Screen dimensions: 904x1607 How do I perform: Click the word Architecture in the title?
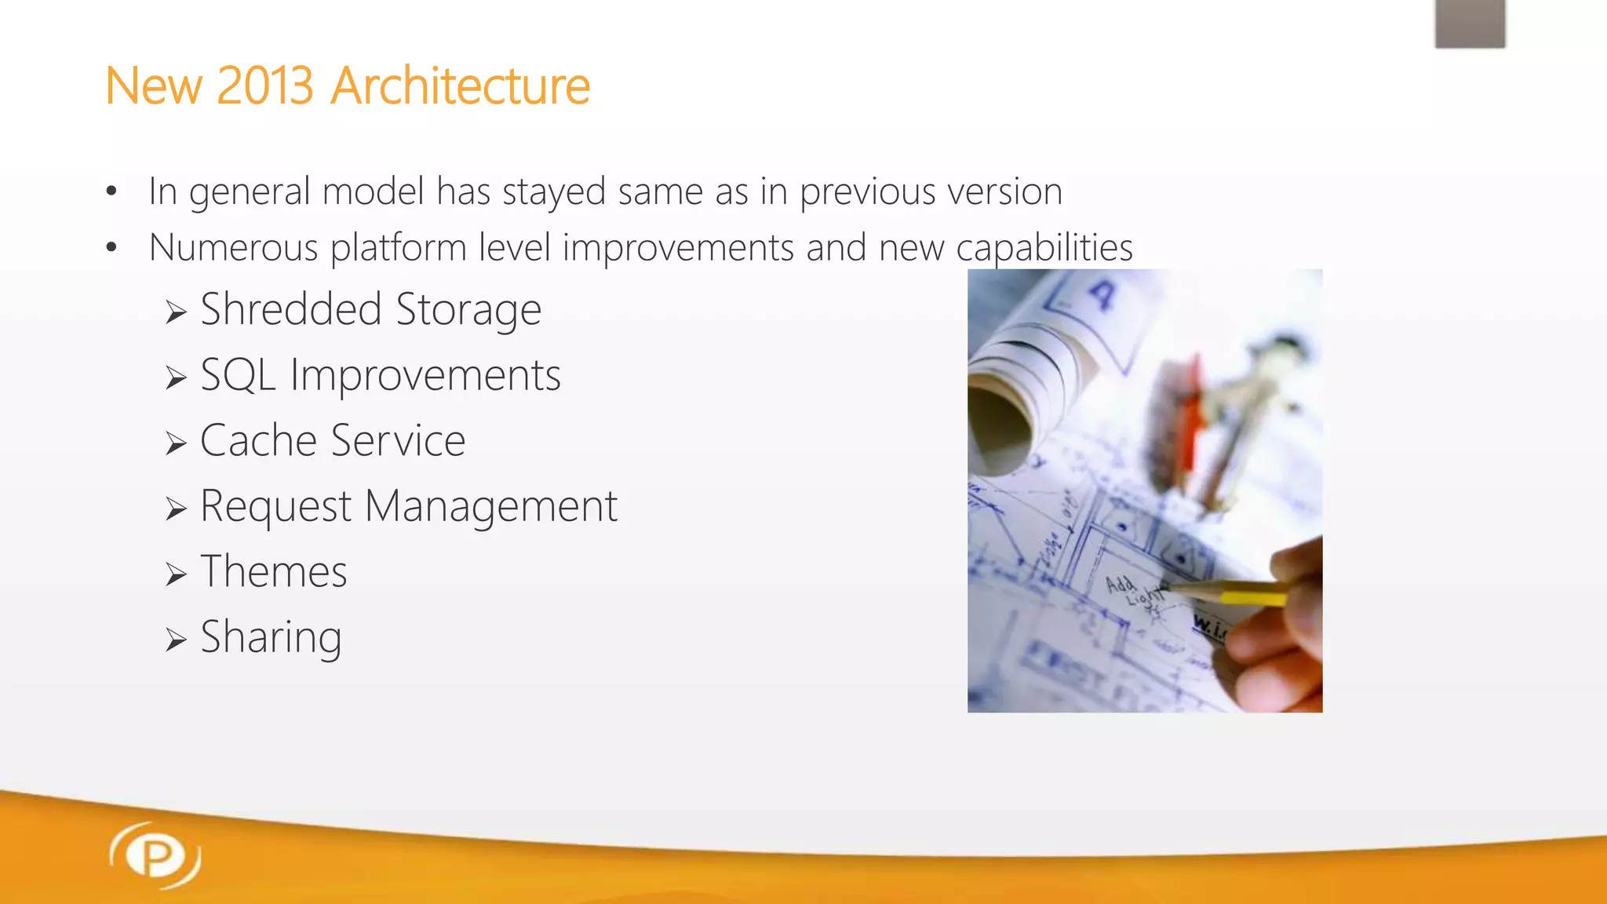(x=460, y=86)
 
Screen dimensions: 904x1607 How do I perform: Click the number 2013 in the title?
(x=265, y=86)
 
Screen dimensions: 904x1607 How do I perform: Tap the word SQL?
(x=238, y=375)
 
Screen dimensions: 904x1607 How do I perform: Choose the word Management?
(x=491, y=506)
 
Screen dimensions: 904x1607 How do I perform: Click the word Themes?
(x=273, y=571)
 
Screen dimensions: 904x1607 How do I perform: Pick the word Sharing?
(x=271, y=637)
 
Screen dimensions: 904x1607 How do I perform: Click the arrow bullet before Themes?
(x=176, y=575)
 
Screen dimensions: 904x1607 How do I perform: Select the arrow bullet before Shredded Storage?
(x=176, y=313)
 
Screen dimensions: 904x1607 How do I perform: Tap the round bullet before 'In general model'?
(x=111, y=191)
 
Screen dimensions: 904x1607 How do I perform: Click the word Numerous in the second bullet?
(x=233, y=248)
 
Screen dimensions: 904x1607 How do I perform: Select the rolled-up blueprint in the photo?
(x=1012, y=392)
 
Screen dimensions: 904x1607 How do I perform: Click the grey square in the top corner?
(x=1470, y=23)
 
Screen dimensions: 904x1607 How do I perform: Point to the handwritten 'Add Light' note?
(x=1134, y=592)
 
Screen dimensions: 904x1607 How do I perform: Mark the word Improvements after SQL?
(x=425, y=375)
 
